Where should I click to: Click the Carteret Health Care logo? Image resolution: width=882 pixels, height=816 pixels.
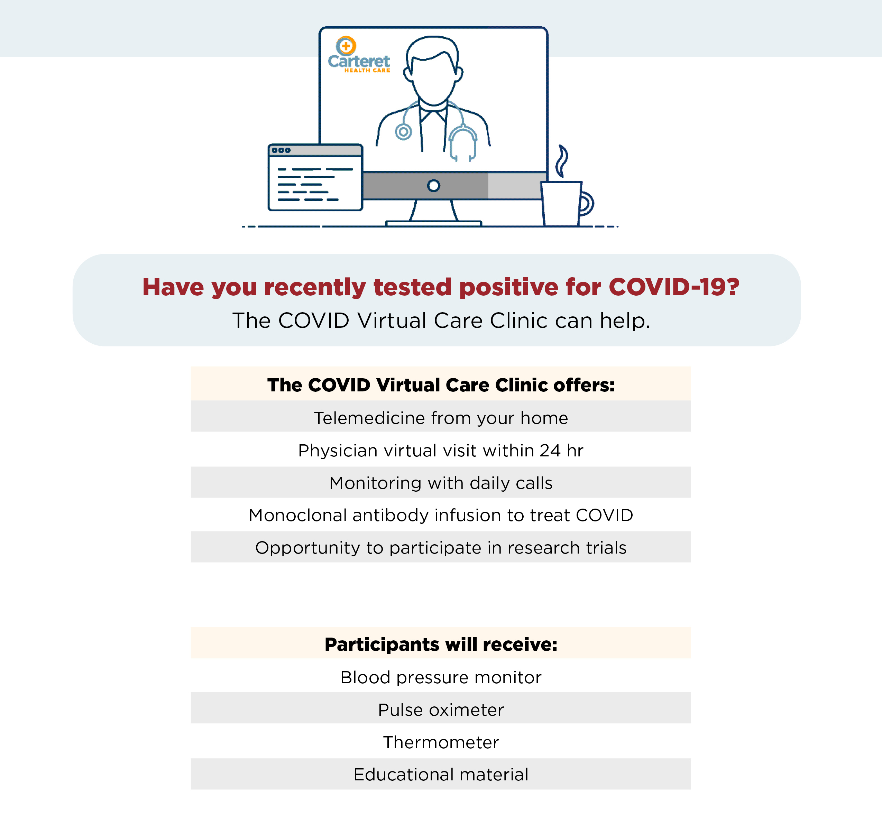(x=359, y=54)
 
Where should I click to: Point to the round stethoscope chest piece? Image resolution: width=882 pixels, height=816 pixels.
(x=403, y=132)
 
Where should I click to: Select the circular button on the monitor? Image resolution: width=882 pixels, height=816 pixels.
(x=434, y=185)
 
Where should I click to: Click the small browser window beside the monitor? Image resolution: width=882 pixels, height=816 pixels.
(x=315, y=177)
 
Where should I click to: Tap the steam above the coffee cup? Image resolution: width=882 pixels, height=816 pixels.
(x=562, y=161)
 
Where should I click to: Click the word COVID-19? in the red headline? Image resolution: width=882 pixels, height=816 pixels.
(x=674, y=287)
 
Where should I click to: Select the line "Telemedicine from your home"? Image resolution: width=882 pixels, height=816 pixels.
(x=441, y=418)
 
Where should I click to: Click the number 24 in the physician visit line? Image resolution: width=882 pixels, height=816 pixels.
(x=550, y=451)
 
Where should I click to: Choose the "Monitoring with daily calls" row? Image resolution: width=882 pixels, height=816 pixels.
(x=441, y=483)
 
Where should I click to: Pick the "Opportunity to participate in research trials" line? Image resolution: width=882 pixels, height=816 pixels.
(x=441, y=548)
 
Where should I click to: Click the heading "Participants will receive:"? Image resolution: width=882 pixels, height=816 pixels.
(x=441, y=644)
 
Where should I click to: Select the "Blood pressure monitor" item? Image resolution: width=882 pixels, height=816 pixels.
(x=441, y=677)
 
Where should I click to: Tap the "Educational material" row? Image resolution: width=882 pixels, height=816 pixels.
(x=441, y=774)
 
